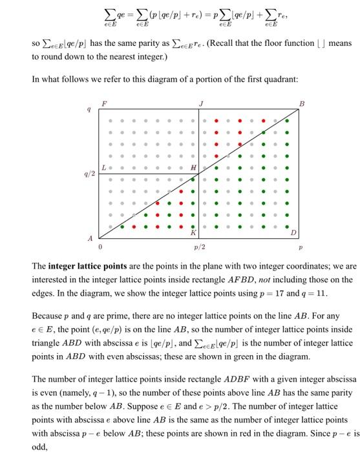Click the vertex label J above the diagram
coord(201,103)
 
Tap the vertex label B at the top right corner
coord(301,103)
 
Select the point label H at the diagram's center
coord(193,168)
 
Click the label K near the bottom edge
coord(192,232)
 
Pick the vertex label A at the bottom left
coord(90,238)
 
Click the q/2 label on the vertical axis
coord(89,173)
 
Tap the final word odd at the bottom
coord(39,446)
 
